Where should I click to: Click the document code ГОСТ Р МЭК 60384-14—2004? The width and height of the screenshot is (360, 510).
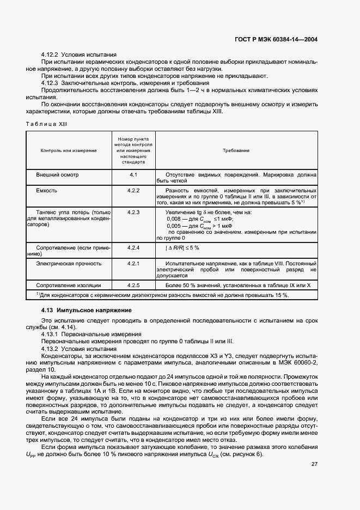point(276,39)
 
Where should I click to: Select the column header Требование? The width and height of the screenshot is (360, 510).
point(236,150)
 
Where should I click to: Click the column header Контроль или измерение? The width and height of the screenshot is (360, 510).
point(69,150)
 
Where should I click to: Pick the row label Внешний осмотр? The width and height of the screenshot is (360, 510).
point(57,175)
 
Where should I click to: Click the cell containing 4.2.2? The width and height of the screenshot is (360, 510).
point(133,191)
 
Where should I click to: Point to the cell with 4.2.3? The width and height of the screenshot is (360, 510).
point(133,212)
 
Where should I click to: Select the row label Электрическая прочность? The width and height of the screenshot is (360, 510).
point(69,263)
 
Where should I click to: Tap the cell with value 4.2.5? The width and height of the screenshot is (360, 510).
point(133,285)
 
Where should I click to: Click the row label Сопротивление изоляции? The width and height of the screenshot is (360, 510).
point(69,285)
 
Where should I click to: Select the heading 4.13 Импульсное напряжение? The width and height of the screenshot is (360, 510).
point(87,310)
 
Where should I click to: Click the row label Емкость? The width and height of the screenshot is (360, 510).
point(47,191)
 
